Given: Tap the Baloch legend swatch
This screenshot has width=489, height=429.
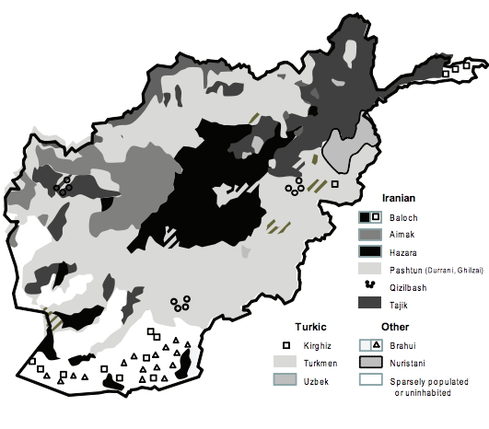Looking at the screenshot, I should (370, 217).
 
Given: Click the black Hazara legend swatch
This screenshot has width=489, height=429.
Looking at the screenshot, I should (370, 251).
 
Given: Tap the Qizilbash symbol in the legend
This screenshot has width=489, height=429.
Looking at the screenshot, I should (370, 285).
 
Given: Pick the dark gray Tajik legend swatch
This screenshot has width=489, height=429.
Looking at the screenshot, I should (370, 303).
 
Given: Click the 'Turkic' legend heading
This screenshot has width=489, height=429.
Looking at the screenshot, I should (310, 327).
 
